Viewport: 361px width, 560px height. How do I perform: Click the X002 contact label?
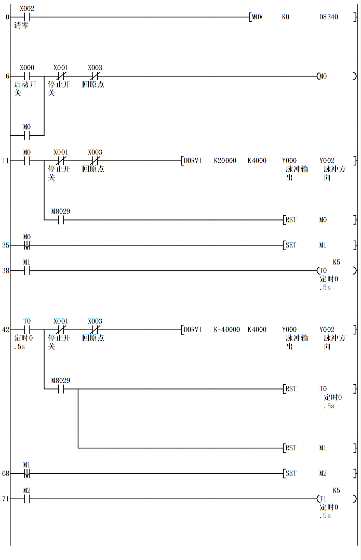tap(26, 9)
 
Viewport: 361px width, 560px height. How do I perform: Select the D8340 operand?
tap(328, 17)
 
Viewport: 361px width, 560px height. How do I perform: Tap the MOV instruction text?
tap(257, 17)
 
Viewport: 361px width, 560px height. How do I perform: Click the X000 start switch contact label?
tap(26, 68)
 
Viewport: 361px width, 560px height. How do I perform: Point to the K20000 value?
tap(225, 161)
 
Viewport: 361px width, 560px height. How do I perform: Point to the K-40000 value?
tap(227, 330)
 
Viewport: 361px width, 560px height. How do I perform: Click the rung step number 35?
tap(6, 245)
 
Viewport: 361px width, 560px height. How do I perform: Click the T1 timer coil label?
tap(324, 499)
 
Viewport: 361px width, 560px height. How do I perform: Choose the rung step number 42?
tap(6, 330)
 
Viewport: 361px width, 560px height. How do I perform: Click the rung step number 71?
tap(6, 499)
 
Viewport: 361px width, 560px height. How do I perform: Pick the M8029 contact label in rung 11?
tap(61, 211)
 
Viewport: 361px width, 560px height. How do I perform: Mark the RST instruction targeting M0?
tap(291, 220)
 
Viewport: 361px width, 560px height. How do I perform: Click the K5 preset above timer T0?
tap(336, 263)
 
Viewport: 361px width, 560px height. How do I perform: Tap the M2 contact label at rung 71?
tap(26, 490)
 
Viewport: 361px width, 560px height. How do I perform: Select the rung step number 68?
tap(6, 474)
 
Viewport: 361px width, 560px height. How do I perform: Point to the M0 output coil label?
tap(323, 76)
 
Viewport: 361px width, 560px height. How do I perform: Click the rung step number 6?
tap(7, 76)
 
